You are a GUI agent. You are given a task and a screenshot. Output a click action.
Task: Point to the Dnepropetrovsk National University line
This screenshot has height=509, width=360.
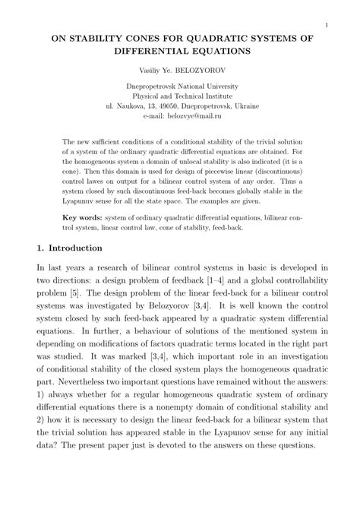[180, 86]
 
